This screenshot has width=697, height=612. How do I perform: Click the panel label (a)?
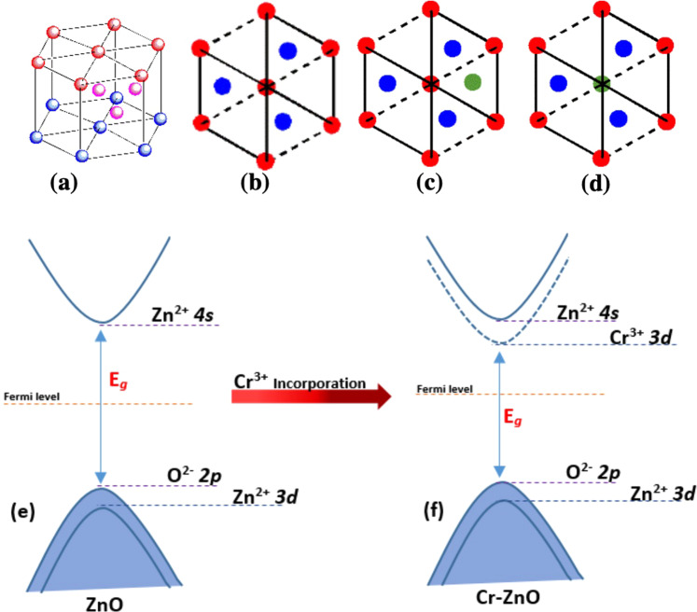(63, 184)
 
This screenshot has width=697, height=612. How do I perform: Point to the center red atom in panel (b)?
(265, 85)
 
